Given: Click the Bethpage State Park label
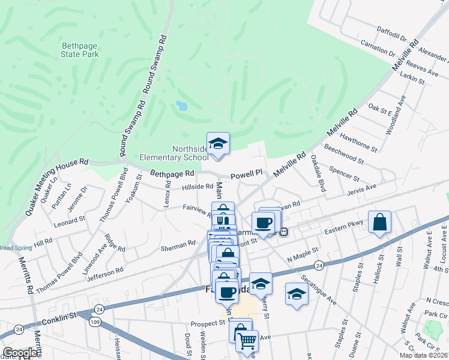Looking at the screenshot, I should coord(80,49).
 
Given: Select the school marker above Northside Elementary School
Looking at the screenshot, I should coord(218,144).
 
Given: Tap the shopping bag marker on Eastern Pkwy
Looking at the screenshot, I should coord(380,223).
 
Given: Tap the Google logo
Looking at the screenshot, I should coord(20,353).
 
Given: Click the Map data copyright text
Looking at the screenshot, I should coord(424,355).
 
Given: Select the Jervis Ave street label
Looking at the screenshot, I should coord(362,189).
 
